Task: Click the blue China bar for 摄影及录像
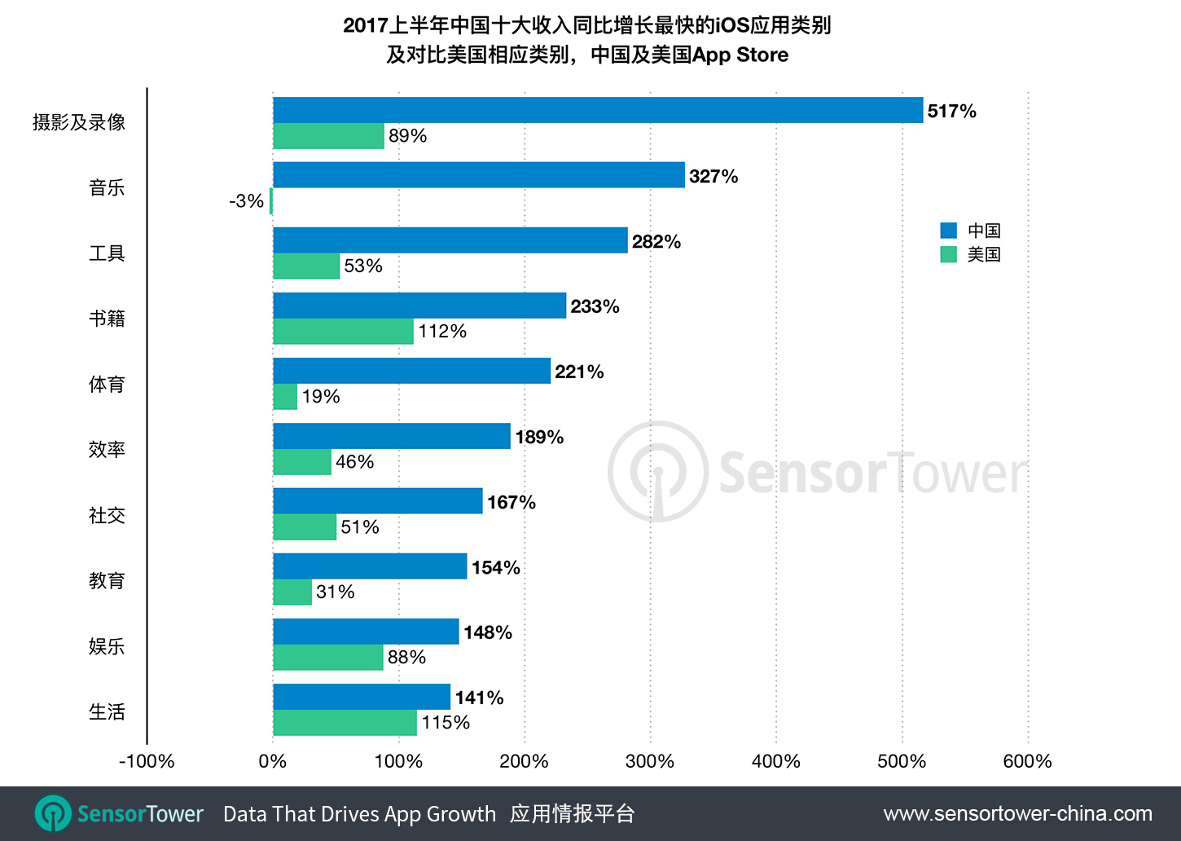pos(598,110)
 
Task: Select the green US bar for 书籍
pos(343,332)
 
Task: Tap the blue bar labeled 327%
pos(479,175)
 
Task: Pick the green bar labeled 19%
pos(285,397)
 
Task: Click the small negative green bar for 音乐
pos(271,201)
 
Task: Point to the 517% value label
pos(951,111)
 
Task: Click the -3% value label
pos(246,201)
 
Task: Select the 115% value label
pos(446,723)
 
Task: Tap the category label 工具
pos(107,253)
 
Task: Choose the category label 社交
pos(107,515)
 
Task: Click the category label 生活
pos(107,711)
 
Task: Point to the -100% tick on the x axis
pos(147,761)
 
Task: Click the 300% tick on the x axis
pos(650,761)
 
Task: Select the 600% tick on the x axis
pos(1027,761)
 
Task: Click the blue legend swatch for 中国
pos(948,231)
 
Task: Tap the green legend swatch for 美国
pos(948,254)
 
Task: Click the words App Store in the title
pos(740,55)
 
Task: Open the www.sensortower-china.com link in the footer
pos(1017,813)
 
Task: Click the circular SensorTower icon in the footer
pos(53,813)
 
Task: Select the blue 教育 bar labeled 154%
pos(370,566)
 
